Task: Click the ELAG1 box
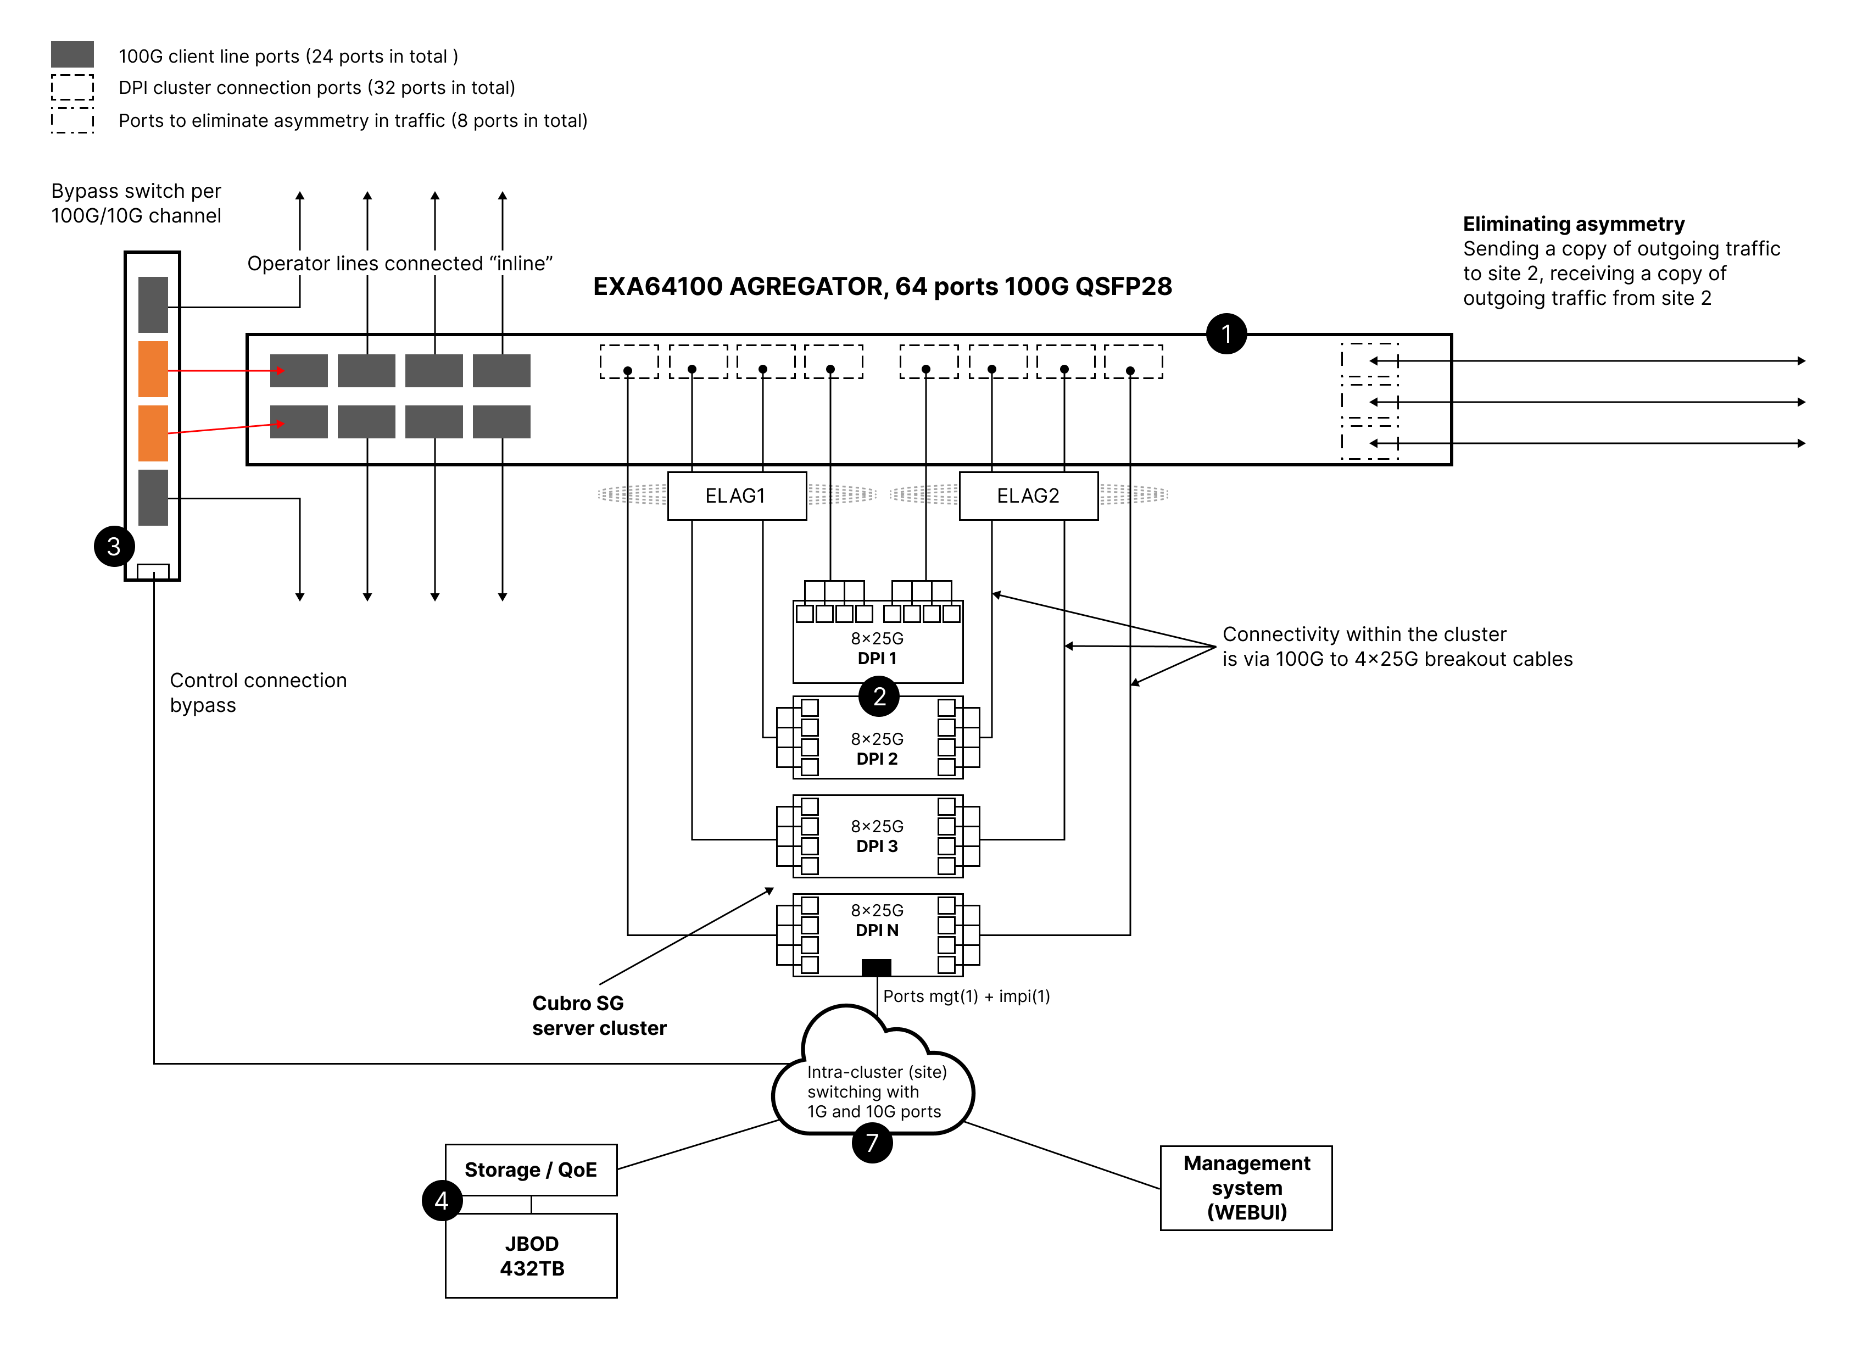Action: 736,495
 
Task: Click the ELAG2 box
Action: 1028,495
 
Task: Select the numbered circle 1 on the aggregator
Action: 1226,334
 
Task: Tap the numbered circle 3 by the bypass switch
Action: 114,546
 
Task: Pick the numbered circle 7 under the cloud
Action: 872,1143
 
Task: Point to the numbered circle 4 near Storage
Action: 442,1201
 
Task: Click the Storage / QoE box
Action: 531,1170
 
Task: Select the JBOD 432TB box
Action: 531,1256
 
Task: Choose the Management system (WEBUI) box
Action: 1246,1188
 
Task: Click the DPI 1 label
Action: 877,659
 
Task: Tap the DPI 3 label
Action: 877,846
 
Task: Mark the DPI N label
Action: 877,931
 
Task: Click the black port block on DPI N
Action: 876,967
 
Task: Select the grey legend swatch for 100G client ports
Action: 72,55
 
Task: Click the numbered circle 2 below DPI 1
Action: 879,697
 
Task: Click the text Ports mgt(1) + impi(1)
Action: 966,996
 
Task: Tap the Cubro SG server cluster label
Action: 599,1016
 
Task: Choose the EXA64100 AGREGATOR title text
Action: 882,287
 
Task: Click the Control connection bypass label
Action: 258,693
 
